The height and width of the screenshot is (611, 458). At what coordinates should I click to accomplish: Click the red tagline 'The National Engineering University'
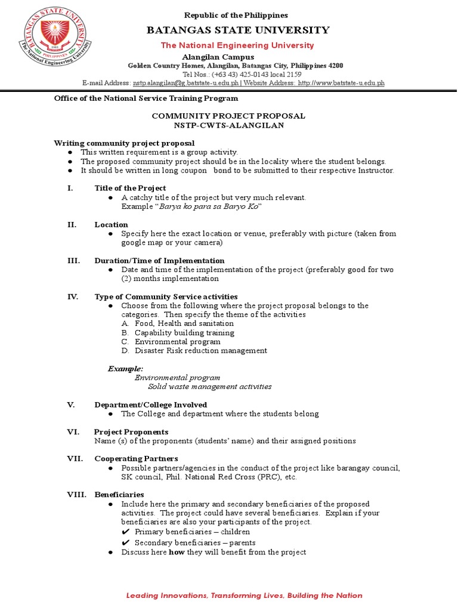coord(236,45)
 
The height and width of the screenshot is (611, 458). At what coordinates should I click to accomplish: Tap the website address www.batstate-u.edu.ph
coord(341,83)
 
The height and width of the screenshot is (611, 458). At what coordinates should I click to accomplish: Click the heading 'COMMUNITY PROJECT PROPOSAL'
coord(228,116)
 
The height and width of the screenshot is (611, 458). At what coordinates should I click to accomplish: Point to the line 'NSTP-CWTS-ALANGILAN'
coord(228,125)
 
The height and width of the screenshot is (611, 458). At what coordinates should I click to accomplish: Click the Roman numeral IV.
coord(70,297)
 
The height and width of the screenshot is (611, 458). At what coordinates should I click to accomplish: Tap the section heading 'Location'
coord(111,224)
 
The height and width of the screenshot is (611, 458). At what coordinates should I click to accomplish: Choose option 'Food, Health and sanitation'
coord(184,323)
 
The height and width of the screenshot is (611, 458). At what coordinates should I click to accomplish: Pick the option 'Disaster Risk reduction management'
coord(200,351)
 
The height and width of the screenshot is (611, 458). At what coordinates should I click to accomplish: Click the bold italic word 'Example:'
coord(125,369)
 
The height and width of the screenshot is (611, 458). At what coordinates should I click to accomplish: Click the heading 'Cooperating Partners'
coord(135,458)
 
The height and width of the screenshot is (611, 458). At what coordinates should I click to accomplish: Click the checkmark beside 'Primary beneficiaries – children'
coord(126,532)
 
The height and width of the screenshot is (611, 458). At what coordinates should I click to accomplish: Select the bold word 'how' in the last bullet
coord(177,552)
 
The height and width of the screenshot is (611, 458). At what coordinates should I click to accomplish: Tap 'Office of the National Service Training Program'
coord(146,98)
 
